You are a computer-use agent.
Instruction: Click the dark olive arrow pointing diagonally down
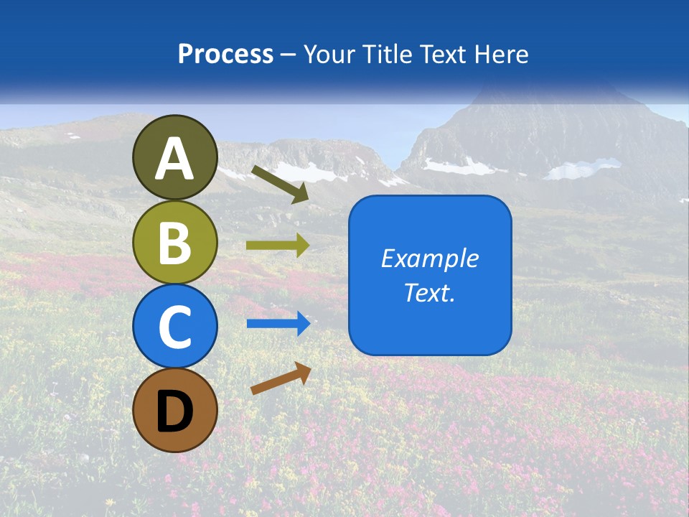pyautogui.click(x=280, y=184)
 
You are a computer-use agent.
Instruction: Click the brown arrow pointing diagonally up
pyautogui.click(x=281, y=378)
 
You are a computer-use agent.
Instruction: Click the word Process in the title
pyautogui.click(x=225, y=55)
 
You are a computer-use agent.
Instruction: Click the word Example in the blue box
pyautogui.click(x=430, y=258)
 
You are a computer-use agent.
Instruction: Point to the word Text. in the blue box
pyautogui.click(x=430, y=292)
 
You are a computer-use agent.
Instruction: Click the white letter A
pyautogui.click(x=175, y=159)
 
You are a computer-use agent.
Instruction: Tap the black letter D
pyautogui.click(x=175, y=411)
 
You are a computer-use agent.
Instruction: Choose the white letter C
pyautogui.click(x=175, y=327)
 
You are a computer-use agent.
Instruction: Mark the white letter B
pyautogui.click(x=175, y=243)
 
